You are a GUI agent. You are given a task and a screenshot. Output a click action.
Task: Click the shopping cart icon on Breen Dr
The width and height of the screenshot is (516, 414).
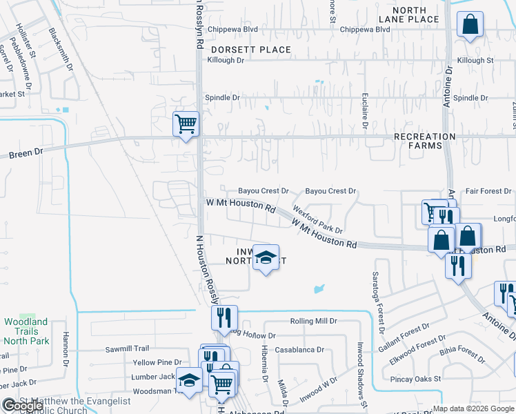186,124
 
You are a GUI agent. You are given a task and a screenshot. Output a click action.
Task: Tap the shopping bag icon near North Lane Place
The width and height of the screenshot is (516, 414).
470,26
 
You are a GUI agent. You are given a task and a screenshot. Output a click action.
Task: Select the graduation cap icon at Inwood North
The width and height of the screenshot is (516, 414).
266,258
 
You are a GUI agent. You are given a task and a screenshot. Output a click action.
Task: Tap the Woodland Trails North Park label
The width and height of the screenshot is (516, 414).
26,331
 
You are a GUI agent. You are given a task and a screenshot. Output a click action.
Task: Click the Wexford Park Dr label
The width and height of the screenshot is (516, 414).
318,219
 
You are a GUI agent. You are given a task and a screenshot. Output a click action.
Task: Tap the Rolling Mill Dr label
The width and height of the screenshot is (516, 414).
313,322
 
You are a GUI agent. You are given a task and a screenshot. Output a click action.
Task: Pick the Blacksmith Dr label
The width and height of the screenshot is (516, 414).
61,49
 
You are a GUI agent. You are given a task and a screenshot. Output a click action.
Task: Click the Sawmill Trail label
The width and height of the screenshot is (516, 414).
127,348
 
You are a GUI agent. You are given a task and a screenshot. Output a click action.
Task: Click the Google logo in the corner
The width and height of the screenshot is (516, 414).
23,405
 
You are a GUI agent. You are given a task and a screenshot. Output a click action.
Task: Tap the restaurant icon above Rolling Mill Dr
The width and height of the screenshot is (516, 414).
224,318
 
